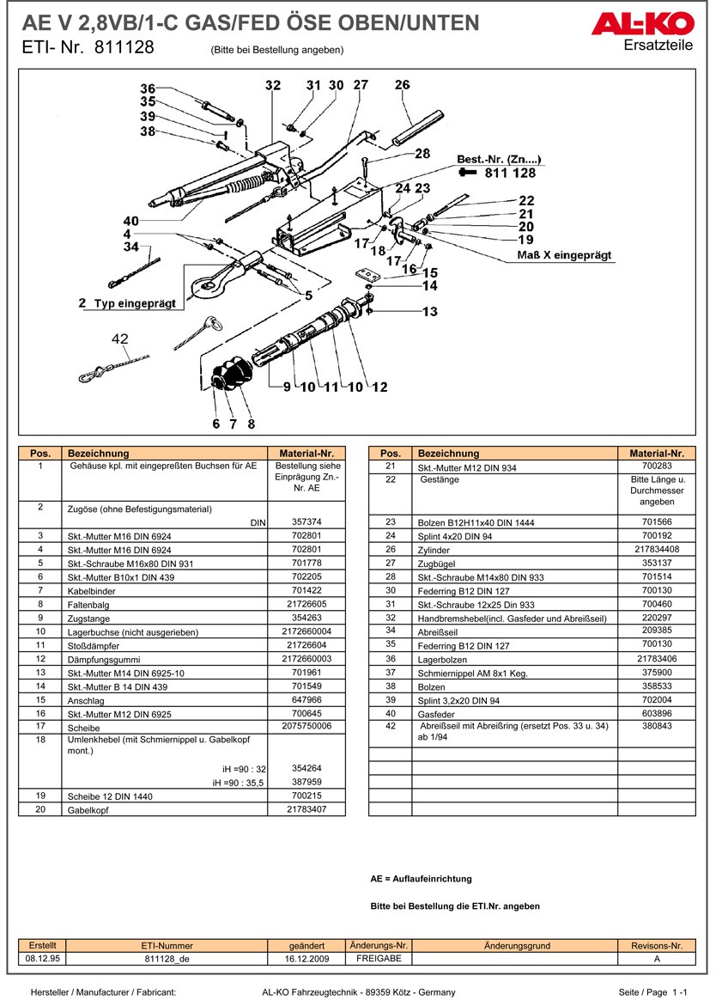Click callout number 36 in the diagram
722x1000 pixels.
click(148, 89)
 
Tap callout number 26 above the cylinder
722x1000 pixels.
click(403, 85)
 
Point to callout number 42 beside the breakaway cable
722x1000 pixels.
click(119, 338)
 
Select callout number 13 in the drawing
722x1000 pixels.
click(429, 312)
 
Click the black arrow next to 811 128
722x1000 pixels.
click(468, 173)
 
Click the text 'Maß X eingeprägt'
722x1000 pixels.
click(564, 255)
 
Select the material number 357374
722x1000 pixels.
click(306, 521)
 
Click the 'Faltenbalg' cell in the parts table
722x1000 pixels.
click(87, 604)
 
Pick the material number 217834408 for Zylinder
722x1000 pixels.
click(657, 549)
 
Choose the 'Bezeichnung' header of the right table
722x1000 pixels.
click(448, 454)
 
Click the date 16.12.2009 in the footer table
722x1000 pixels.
click(306, 959)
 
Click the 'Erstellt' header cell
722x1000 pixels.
click(42, 945)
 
